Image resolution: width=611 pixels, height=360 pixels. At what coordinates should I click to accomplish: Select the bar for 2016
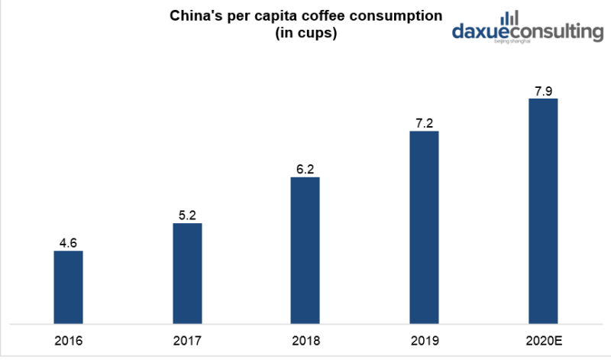(x=68, y=287)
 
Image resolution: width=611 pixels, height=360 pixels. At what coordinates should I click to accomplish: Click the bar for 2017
(x=187, y=273)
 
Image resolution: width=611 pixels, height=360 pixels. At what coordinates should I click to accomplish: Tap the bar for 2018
(x=305, y=250)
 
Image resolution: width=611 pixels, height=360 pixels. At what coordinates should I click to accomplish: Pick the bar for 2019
(x=425, y=227)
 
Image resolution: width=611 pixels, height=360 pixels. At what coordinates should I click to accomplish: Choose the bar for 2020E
(x=543, y=210)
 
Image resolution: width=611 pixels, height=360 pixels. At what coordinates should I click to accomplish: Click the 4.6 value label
(x=68, y=243)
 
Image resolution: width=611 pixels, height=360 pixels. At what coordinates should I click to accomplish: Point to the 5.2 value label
(x=187, y=216)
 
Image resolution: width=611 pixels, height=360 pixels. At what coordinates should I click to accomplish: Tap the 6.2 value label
(x=305, y=170)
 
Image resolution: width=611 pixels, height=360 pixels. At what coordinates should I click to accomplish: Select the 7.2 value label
(x=425, y=123)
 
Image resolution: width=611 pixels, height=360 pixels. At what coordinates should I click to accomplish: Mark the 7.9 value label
(x=543, y=91)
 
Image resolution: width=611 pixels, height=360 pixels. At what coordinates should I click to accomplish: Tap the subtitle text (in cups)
(x=305, y=35)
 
